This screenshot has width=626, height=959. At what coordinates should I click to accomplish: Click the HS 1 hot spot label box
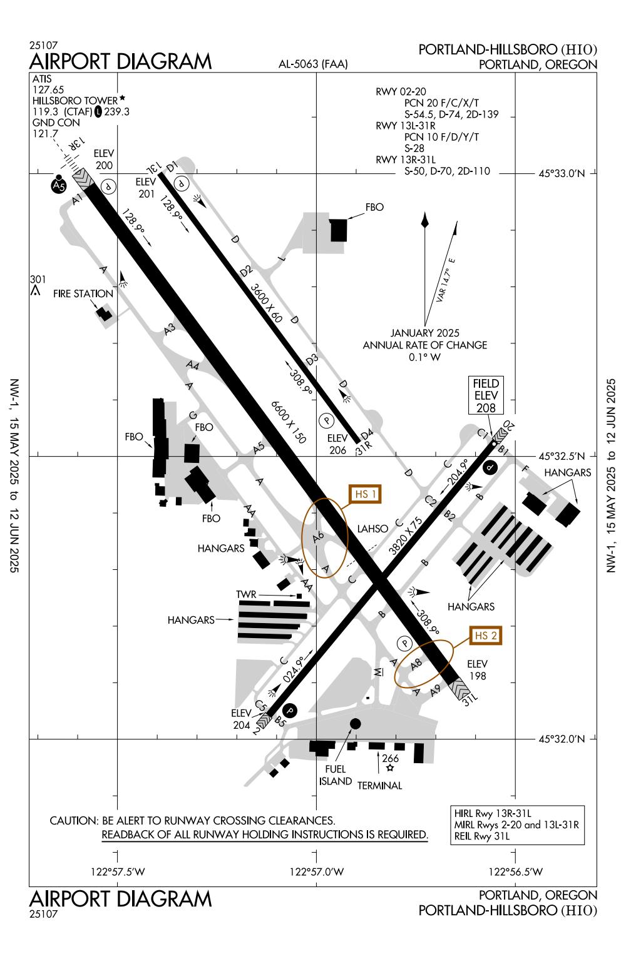point(366,494)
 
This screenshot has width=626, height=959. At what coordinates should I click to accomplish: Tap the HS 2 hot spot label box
point(486,636)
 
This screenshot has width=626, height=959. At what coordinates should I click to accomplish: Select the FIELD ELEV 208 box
point(486,395)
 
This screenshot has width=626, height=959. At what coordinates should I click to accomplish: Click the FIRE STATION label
point(83,293)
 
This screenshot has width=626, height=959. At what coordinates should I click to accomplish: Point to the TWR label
point(246,594)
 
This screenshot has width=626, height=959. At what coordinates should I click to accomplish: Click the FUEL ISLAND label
point(336,776)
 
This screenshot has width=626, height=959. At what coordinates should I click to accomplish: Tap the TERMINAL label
point(379,786)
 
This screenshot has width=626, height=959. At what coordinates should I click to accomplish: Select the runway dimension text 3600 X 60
point(266,303)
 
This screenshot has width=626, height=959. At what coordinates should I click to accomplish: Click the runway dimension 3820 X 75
point(405,537)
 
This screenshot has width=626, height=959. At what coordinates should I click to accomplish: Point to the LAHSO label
point(372,529)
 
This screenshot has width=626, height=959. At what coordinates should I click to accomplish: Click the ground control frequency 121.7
point(44,133)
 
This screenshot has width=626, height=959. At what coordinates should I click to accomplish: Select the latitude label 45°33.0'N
point(561,174)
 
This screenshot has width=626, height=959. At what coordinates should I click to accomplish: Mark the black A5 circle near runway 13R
point(58,186)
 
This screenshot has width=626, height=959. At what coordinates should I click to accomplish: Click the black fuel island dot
point(355,724)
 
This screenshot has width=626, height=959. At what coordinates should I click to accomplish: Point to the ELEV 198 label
point(477,670)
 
